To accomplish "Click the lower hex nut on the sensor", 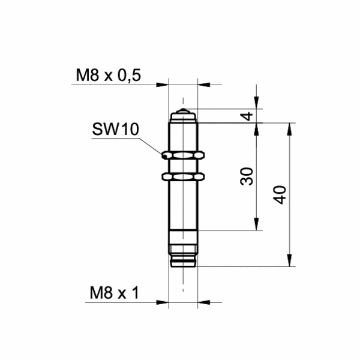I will tap(182, 176).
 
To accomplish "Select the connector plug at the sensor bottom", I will tap(182, 255).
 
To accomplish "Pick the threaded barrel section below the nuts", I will tap(182, 204).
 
